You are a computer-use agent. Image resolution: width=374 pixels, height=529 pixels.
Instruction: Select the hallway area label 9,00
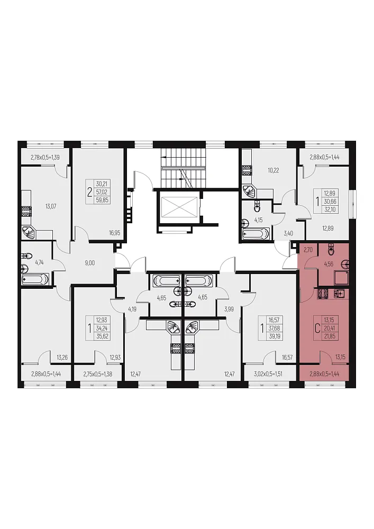point(90,263)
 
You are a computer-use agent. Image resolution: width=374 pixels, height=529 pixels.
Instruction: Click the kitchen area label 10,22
point(273,170)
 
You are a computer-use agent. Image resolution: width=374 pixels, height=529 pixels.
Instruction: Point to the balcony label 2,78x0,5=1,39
point(45,157)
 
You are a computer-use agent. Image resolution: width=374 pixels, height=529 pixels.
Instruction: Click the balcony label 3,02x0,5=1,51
point(268,373)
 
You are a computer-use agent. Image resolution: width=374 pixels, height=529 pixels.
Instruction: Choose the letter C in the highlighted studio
point(317,329)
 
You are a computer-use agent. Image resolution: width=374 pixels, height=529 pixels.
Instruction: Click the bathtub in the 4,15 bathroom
point(256,233)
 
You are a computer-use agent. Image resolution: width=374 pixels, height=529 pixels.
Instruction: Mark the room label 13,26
point(62,358)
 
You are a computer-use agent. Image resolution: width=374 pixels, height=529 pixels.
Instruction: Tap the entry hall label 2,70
point(308,250)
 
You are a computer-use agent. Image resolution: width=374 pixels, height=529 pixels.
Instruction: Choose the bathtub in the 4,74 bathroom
point(35,279)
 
